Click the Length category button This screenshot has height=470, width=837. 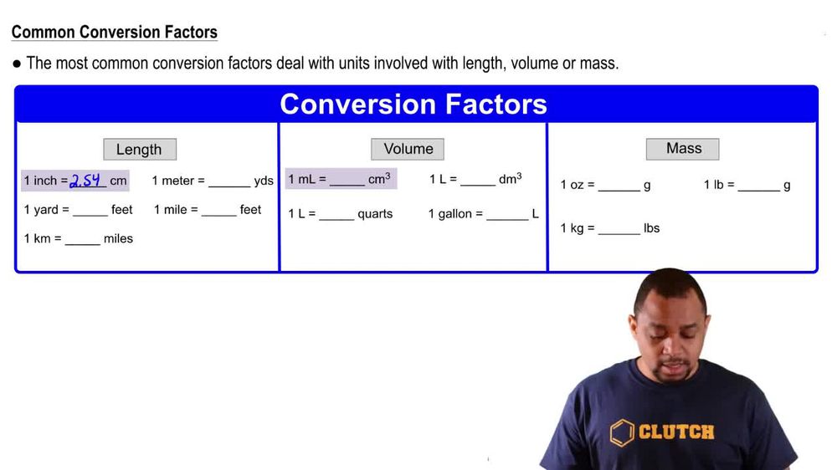pyautogui.click(x=139, y=150)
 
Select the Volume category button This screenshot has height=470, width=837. pyautogui.click(x=408, y=149)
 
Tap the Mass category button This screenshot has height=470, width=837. pyautogui.click(x=683, y=148)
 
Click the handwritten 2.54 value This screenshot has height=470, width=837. pyautogui.click(x=87, y=180)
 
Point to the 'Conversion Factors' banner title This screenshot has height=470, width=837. pyautogui.click(x=413, y=104)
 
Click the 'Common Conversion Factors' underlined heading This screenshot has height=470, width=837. pyautogui.click(x=115, y=33)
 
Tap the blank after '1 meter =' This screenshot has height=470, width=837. pyautogui.click(x=229, y=182)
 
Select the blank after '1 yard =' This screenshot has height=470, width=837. pyautogui.click(x=90, y=212)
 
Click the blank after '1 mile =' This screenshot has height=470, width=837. pyautogui.click(x=219, y=212)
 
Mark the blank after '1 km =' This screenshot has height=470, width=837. pyautogui.click(x=83, y=240)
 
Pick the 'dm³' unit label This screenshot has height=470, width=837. pyautogui.click(x=511, y=179)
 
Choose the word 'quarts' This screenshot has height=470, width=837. pyautogui.click(x=375, y=214)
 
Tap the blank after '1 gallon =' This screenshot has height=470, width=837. pyautogui.click(x=507, y=216)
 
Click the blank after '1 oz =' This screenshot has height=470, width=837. pyautogui.click(x=619, y=187)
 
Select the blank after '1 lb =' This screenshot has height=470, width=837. pyautogui.click(x=759, y=187)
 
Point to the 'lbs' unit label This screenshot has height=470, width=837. pyautogui.click(x=651, y=228)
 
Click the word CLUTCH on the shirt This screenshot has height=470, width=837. pyautogui.click(x=676, y=432)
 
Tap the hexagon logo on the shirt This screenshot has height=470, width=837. pyautogui.click(x=622, y=432)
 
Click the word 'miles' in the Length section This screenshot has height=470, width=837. pyautogui.click(x=118, y=239)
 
